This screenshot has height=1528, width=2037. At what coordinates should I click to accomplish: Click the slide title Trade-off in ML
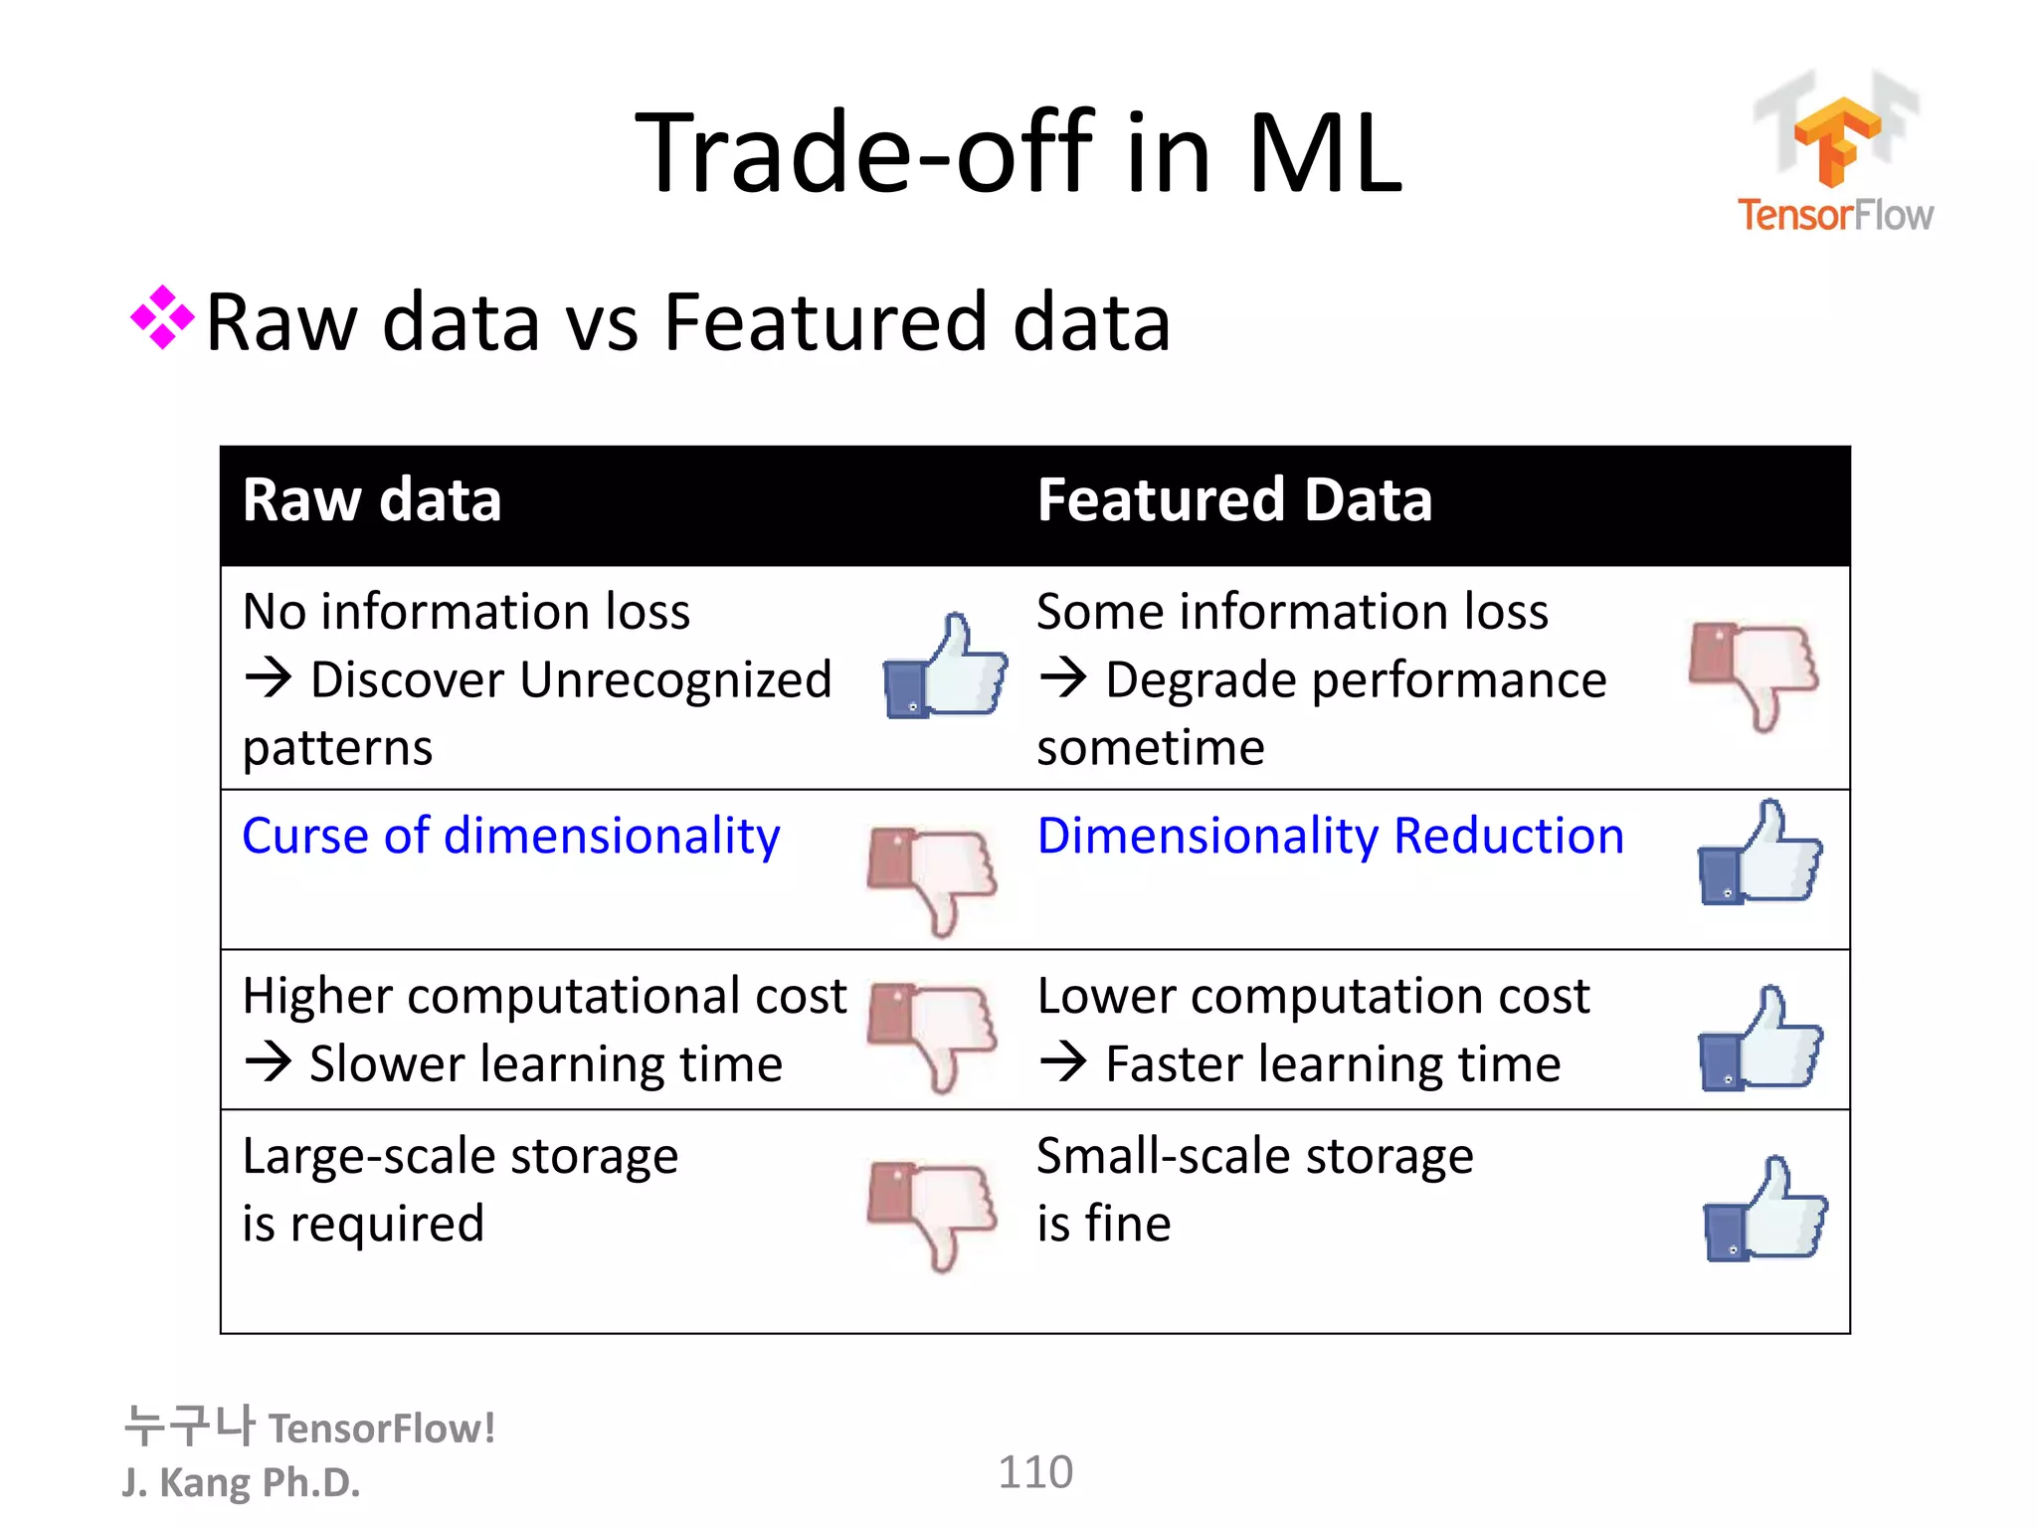pyautogui.click(x=1018, y=153)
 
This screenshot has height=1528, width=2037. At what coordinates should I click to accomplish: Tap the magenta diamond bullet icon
pyautogui.click(x=162, y=318)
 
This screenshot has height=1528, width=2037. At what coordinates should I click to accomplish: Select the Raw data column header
pyautogui.click(x=372, y=499)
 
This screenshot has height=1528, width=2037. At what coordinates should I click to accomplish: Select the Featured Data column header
pyautogui.click(x=1234, y=499)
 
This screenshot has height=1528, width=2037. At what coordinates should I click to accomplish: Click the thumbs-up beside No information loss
pyautogui.click(x=945, y=666)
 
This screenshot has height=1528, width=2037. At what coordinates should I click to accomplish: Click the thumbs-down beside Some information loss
pyautogui.click(x=1755, y=673)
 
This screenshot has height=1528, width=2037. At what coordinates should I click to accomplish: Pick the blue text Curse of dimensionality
pyautogui.click(x=511, y=836)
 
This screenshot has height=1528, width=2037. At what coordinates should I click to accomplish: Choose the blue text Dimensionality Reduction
pyautogui.click(x=1330, y=836)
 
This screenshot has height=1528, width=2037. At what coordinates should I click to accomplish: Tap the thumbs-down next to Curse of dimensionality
pyautogui.click(x=931, y=878)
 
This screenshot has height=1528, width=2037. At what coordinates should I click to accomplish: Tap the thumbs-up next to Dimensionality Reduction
pyautogui.click(x=1759, y=854)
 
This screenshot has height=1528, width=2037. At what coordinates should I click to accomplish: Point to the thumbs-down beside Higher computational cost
pyautogui.click(x=931, y=1036)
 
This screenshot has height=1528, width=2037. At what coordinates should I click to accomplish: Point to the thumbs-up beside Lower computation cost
pyautogui.click(x=1759, y=1040)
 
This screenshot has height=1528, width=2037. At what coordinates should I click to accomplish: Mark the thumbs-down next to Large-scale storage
pyautogui.click(x=931, y=1214)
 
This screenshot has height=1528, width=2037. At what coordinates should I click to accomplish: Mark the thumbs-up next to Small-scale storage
pyautogui.click(x=1764, y=1210)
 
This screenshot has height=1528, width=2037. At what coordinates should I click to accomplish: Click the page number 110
pyautogui.click(x=1035, y=1472)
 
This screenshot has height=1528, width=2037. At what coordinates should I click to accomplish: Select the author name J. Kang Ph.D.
pyautogui.click(x=242, y=1482)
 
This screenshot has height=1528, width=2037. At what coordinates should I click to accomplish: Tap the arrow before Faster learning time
pyautogui.click(x=1063, y=1062)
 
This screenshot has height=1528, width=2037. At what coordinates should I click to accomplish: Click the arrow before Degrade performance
pyautogui.click(x=1063, y=678)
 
